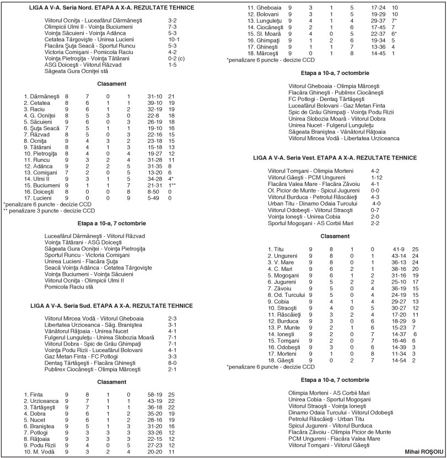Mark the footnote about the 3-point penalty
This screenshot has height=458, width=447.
tap(49, 210)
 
